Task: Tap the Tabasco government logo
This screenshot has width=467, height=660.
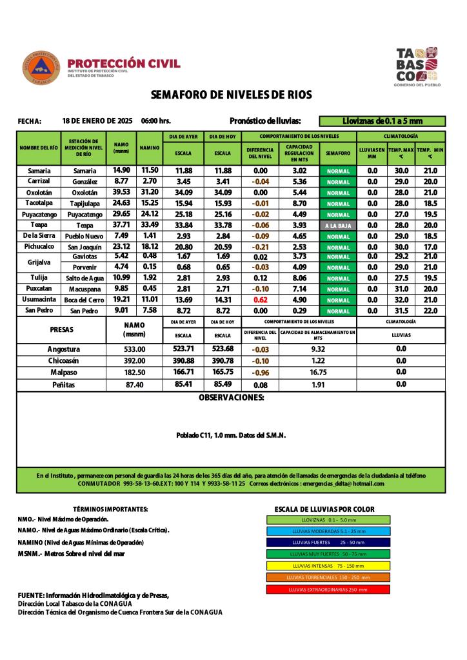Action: click(417, 66)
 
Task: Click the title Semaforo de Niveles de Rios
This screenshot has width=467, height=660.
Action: click(231, 95)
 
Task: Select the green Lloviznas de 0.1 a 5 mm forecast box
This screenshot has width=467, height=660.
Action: click(383, 121)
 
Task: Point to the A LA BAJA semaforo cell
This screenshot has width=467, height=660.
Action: click(337, 226)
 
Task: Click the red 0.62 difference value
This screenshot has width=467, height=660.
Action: click(261, 300)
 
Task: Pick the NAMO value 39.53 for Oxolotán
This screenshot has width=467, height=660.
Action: click(121, 193)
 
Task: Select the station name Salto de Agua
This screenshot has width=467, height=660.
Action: click(83, 278)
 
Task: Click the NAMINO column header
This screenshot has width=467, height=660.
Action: click(150, 148)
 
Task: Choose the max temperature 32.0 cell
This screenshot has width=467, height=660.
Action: click(401, 300)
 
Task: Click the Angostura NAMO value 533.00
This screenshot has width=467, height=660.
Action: click(134, 349)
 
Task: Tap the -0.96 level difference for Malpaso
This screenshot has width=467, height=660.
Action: click(261, 373)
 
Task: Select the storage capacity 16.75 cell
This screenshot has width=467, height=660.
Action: click(317, 373)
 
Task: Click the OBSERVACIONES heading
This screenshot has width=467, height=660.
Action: click(231, 398)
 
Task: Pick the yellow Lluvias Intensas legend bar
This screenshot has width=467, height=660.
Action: click(328, 566)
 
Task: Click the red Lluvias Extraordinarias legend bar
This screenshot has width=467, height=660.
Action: click(328, 589)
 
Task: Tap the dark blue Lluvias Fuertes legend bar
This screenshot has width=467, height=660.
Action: click(328, 543)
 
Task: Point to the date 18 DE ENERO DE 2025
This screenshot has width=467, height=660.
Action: click(97, 121)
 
